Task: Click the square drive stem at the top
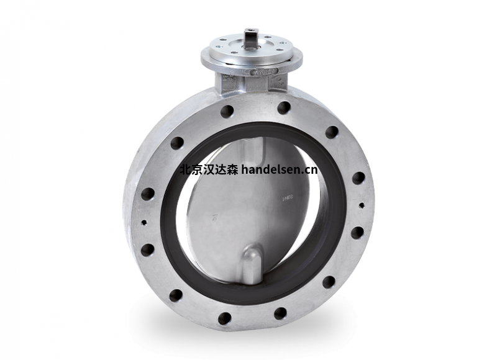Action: click(x=251, y=38)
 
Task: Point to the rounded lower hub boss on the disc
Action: click(x=252, y=261)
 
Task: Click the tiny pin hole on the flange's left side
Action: click(x=144, y=222)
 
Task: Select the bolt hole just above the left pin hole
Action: click(x=147, y=193)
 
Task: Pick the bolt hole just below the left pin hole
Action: click(x=147, y=250)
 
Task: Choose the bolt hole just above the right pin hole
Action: click(x=358, y=178)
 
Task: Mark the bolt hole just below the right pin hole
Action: click(x=357, y=232)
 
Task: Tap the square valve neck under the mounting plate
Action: click(x=252, y=81)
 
